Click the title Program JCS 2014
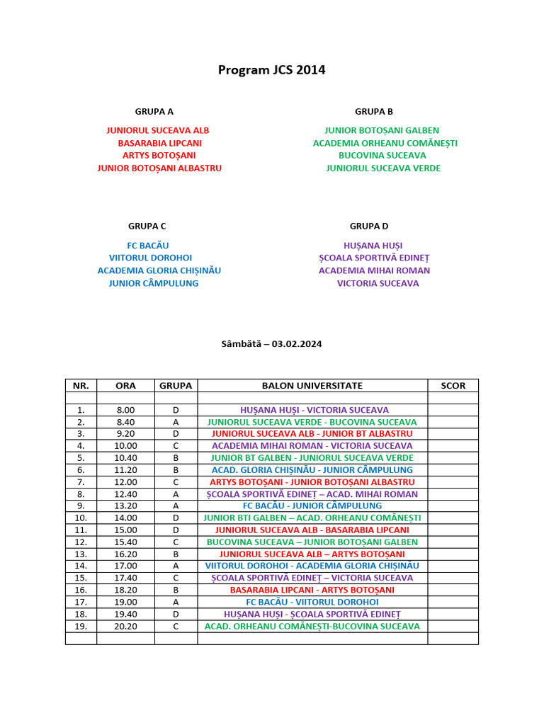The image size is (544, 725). pos(271,70)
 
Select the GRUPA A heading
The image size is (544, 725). pos(154,111)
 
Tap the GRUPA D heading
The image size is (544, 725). pos(369,226)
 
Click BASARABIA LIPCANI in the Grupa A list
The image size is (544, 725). pos(159,143)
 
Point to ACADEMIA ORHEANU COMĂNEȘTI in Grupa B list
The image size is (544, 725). pos(385,143)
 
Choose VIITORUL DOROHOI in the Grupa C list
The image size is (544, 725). pos(150,258)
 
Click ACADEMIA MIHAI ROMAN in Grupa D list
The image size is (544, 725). pos(374,270)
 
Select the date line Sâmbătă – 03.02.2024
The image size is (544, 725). pos(271,343)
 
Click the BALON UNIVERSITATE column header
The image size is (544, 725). pos(312,386)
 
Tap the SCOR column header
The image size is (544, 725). pos(453,386)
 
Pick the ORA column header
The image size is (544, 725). pos(125,386)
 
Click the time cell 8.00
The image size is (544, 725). pos(125,410)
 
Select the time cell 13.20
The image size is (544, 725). pos(125,506)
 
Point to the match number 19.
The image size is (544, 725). pos(81,627)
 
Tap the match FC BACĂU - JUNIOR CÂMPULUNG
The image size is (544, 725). pos(312,506)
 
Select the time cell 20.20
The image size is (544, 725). pos(125,627)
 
